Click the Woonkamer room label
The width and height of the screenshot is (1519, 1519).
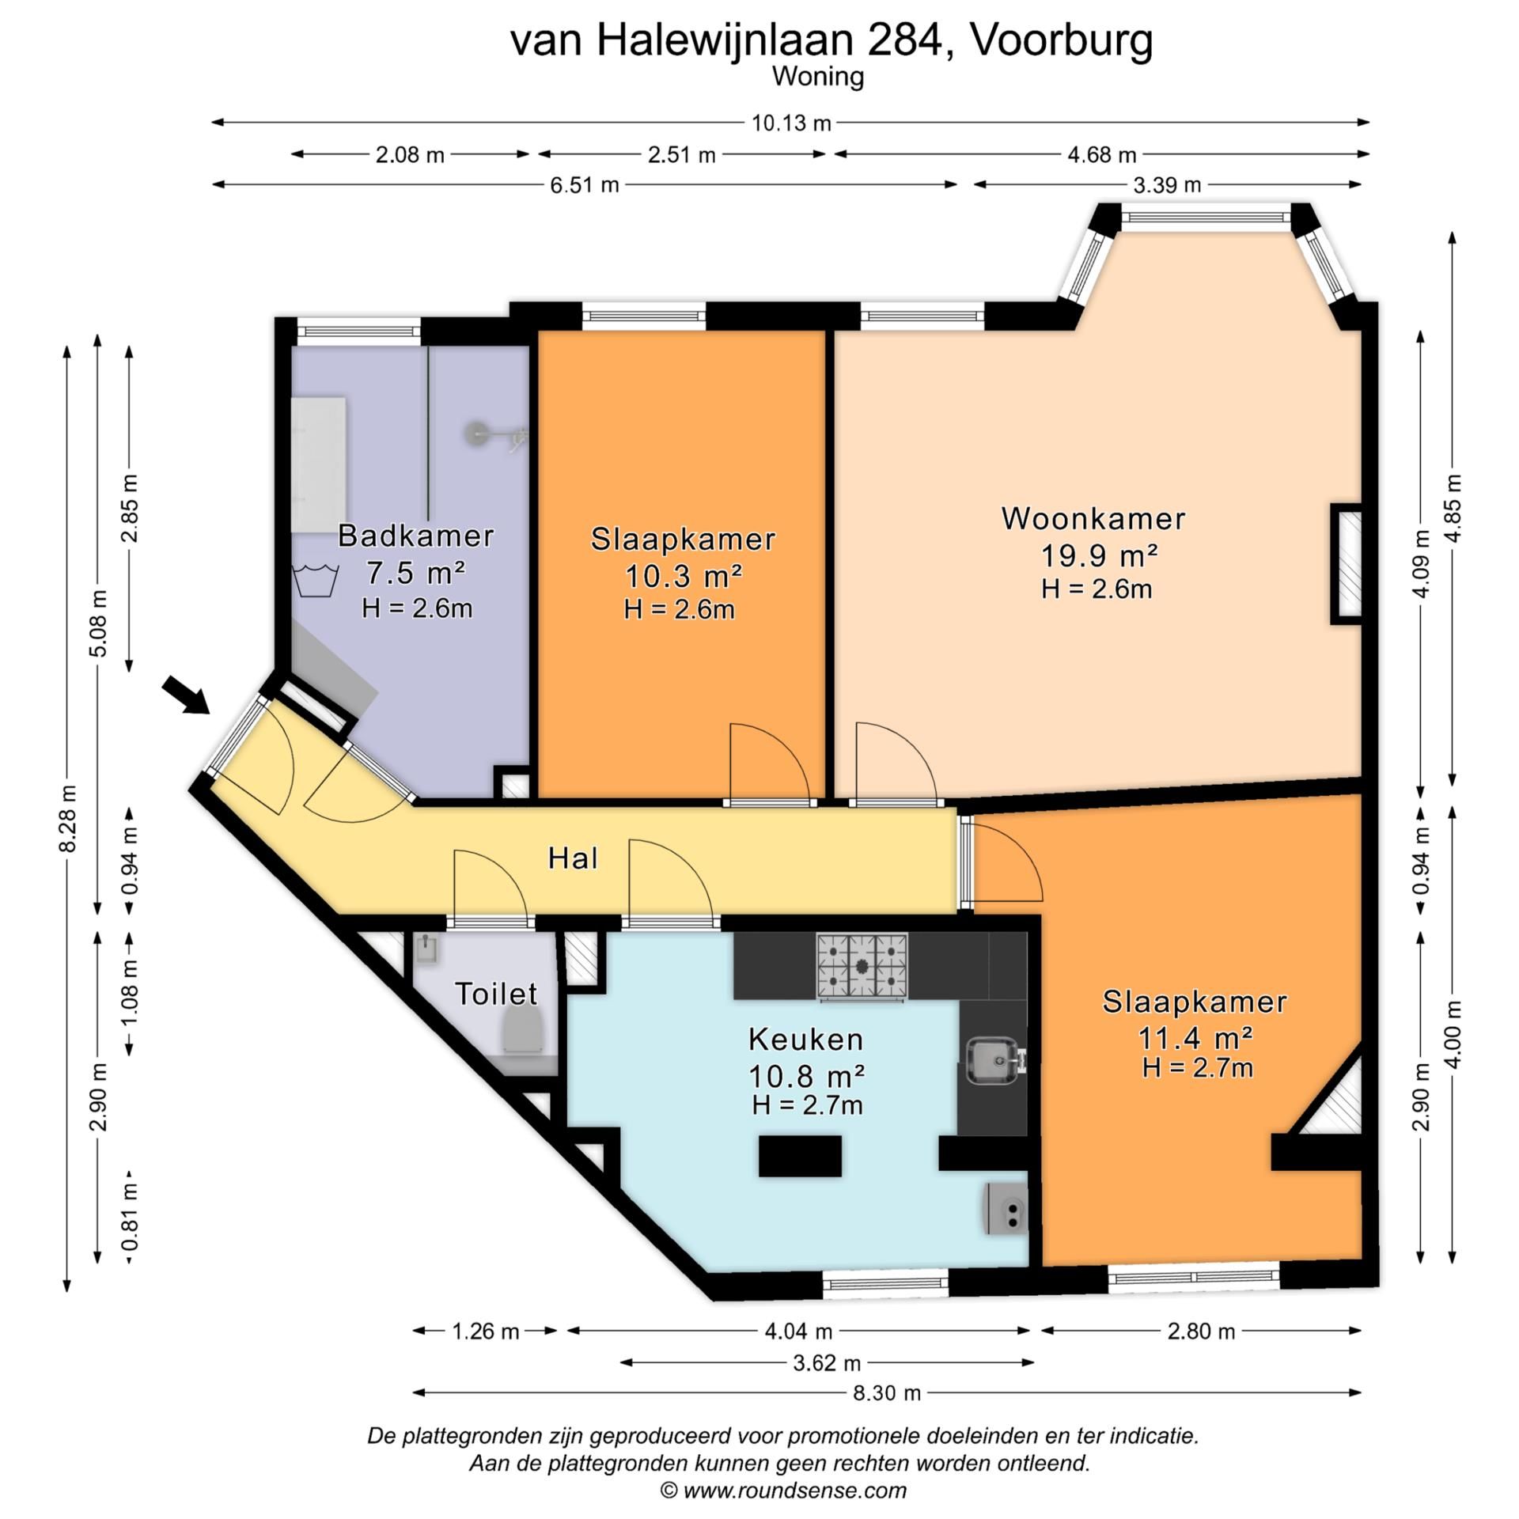point(1093,519)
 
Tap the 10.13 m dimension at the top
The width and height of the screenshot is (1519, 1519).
point(790,123)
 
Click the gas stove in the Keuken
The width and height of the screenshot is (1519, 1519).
point(862,966)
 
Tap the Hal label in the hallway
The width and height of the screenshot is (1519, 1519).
point(573,858)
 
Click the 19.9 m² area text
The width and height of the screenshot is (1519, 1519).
point(1098,556)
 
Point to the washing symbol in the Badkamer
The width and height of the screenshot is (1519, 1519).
point(316,580)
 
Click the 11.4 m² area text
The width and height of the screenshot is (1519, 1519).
point(1195,1036)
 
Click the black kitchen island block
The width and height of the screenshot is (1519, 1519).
point(800,1156)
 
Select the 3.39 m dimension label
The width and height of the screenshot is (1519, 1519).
point(1167,185)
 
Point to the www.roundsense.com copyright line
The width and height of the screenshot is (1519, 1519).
point(783,1491)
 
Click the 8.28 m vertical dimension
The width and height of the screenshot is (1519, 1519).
point(68,818)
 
